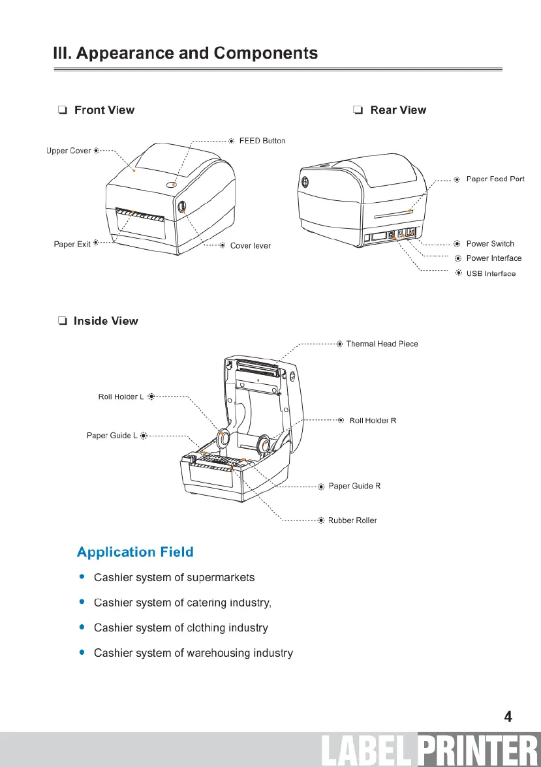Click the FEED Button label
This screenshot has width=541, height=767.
[262, 141]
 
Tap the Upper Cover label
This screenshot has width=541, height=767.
[69, 151]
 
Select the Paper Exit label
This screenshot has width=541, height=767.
[72, 245]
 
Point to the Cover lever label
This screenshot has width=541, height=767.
[250, 246]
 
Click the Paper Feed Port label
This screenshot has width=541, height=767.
[495, 179]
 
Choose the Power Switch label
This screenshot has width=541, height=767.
[490, 244]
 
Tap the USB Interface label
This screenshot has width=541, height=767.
[491, 274]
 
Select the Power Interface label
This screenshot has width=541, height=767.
[493, 258]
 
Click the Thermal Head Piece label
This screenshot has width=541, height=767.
[382, 344]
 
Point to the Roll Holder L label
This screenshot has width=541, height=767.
[121, 397]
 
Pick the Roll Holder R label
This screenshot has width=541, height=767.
[373, 421]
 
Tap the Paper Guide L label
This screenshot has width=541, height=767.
[112, 435]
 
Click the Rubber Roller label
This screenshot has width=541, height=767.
[352, 520]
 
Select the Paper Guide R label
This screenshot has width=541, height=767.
[354, 486]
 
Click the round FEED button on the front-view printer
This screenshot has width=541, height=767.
[172, 185]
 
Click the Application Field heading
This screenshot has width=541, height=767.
[135, 552]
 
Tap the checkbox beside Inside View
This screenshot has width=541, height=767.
[62, 321]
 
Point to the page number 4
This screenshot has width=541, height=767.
[508, 717]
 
